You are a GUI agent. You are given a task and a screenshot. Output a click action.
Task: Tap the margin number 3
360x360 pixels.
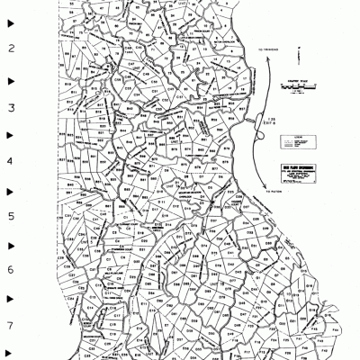pyautogui.click(x=12, y=107)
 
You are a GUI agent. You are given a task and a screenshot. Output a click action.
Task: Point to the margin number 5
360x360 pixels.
pyautogui.click(x=12, y=217)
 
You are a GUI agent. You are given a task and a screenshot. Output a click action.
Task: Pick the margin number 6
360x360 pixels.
pyautogui.click(x=12, y=271)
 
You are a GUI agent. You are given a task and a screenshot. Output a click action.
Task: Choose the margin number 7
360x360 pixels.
pyautogui.click(x=12, y=326)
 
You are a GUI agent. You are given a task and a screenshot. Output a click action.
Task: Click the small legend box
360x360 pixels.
pyautogui.click(x=293, y=140)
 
